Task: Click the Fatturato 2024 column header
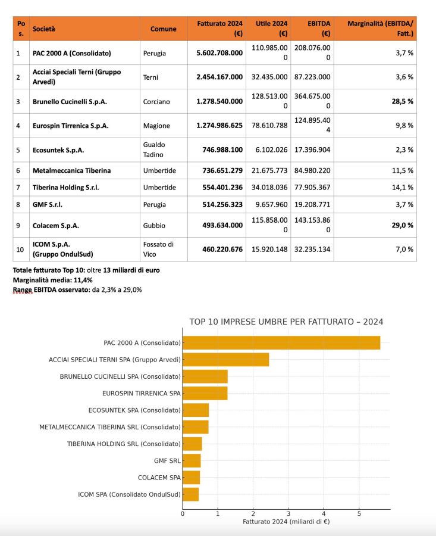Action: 219,28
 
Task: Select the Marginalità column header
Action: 380,28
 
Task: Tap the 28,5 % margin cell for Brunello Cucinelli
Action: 402,101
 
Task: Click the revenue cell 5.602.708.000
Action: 219,53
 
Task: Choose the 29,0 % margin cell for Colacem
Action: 402,226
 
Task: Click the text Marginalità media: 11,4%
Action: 53,280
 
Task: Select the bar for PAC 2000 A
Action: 281,342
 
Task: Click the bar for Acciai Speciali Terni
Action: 225,360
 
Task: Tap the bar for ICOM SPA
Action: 190,494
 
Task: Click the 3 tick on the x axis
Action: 288,513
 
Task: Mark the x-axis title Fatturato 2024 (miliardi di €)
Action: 286,522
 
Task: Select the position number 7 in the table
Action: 18,188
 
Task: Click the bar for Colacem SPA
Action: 191,478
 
